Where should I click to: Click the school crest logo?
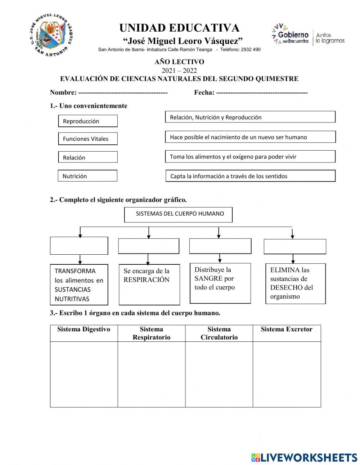pos(52,35)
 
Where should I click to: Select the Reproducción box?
pos(88,121)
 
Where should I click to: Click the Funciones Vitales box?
pos(88,139)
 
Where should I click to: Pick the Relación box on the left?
pos(88,157)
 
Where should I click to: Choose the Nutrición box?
pos(87,176)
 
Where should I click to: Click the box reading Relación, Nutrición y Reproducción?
pos(250,117)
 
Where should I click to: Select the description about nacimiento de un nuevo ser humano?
pos(250,137)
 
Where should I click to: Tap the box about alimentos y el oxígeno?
pos(250,157)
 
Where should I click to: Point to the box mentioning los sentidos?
pos(250,176)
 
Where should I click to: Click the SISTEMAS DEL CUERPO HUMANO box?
pos(178,214)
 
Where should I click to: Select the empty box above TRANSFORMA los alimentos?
pos(79,246)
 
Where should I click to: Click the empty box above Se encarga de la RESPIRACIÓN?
pos(149,246)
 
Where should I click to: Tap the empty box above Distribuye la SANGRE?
pos(220,246)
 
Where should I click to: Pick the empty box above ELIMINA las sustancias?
pos(295,247)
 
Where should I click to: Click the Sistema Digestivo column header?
pos(84,330)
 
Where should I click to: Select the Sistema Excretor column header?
pos(287,330)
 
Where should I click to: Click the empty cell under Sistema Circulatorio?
pos(219,374)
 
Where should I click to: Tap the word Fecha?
pos(204,93)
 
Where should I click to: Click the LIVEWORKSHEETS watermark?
pos(304,457)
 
